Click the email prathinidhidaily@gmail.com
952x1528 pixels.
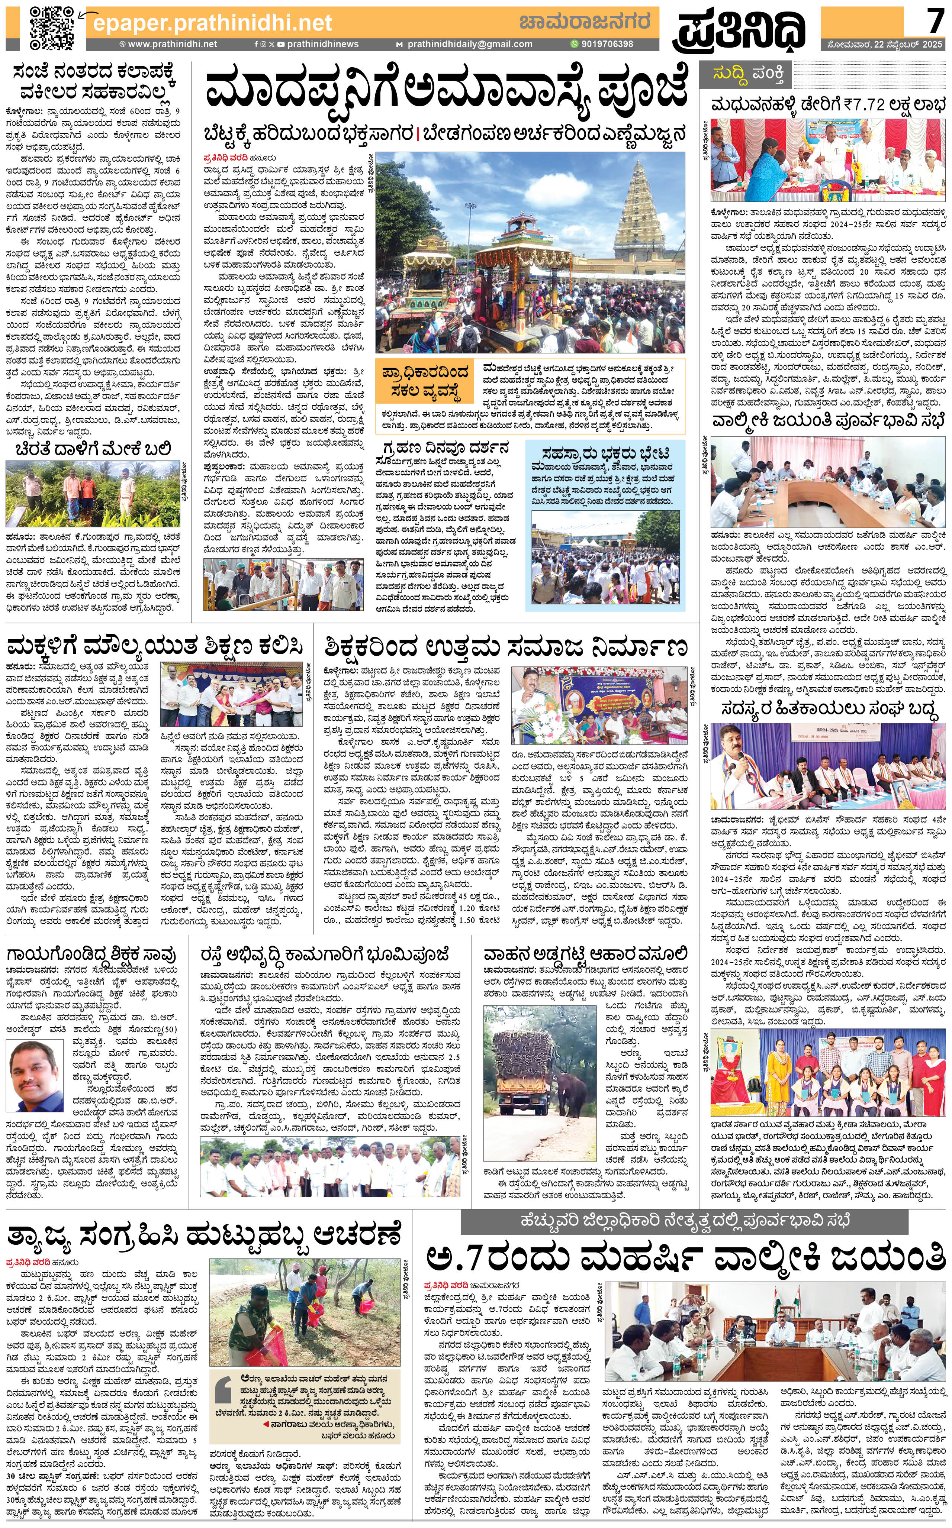point(469,44)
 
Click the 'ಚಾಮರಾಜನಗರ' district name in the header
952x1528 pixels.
point(584,22)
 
